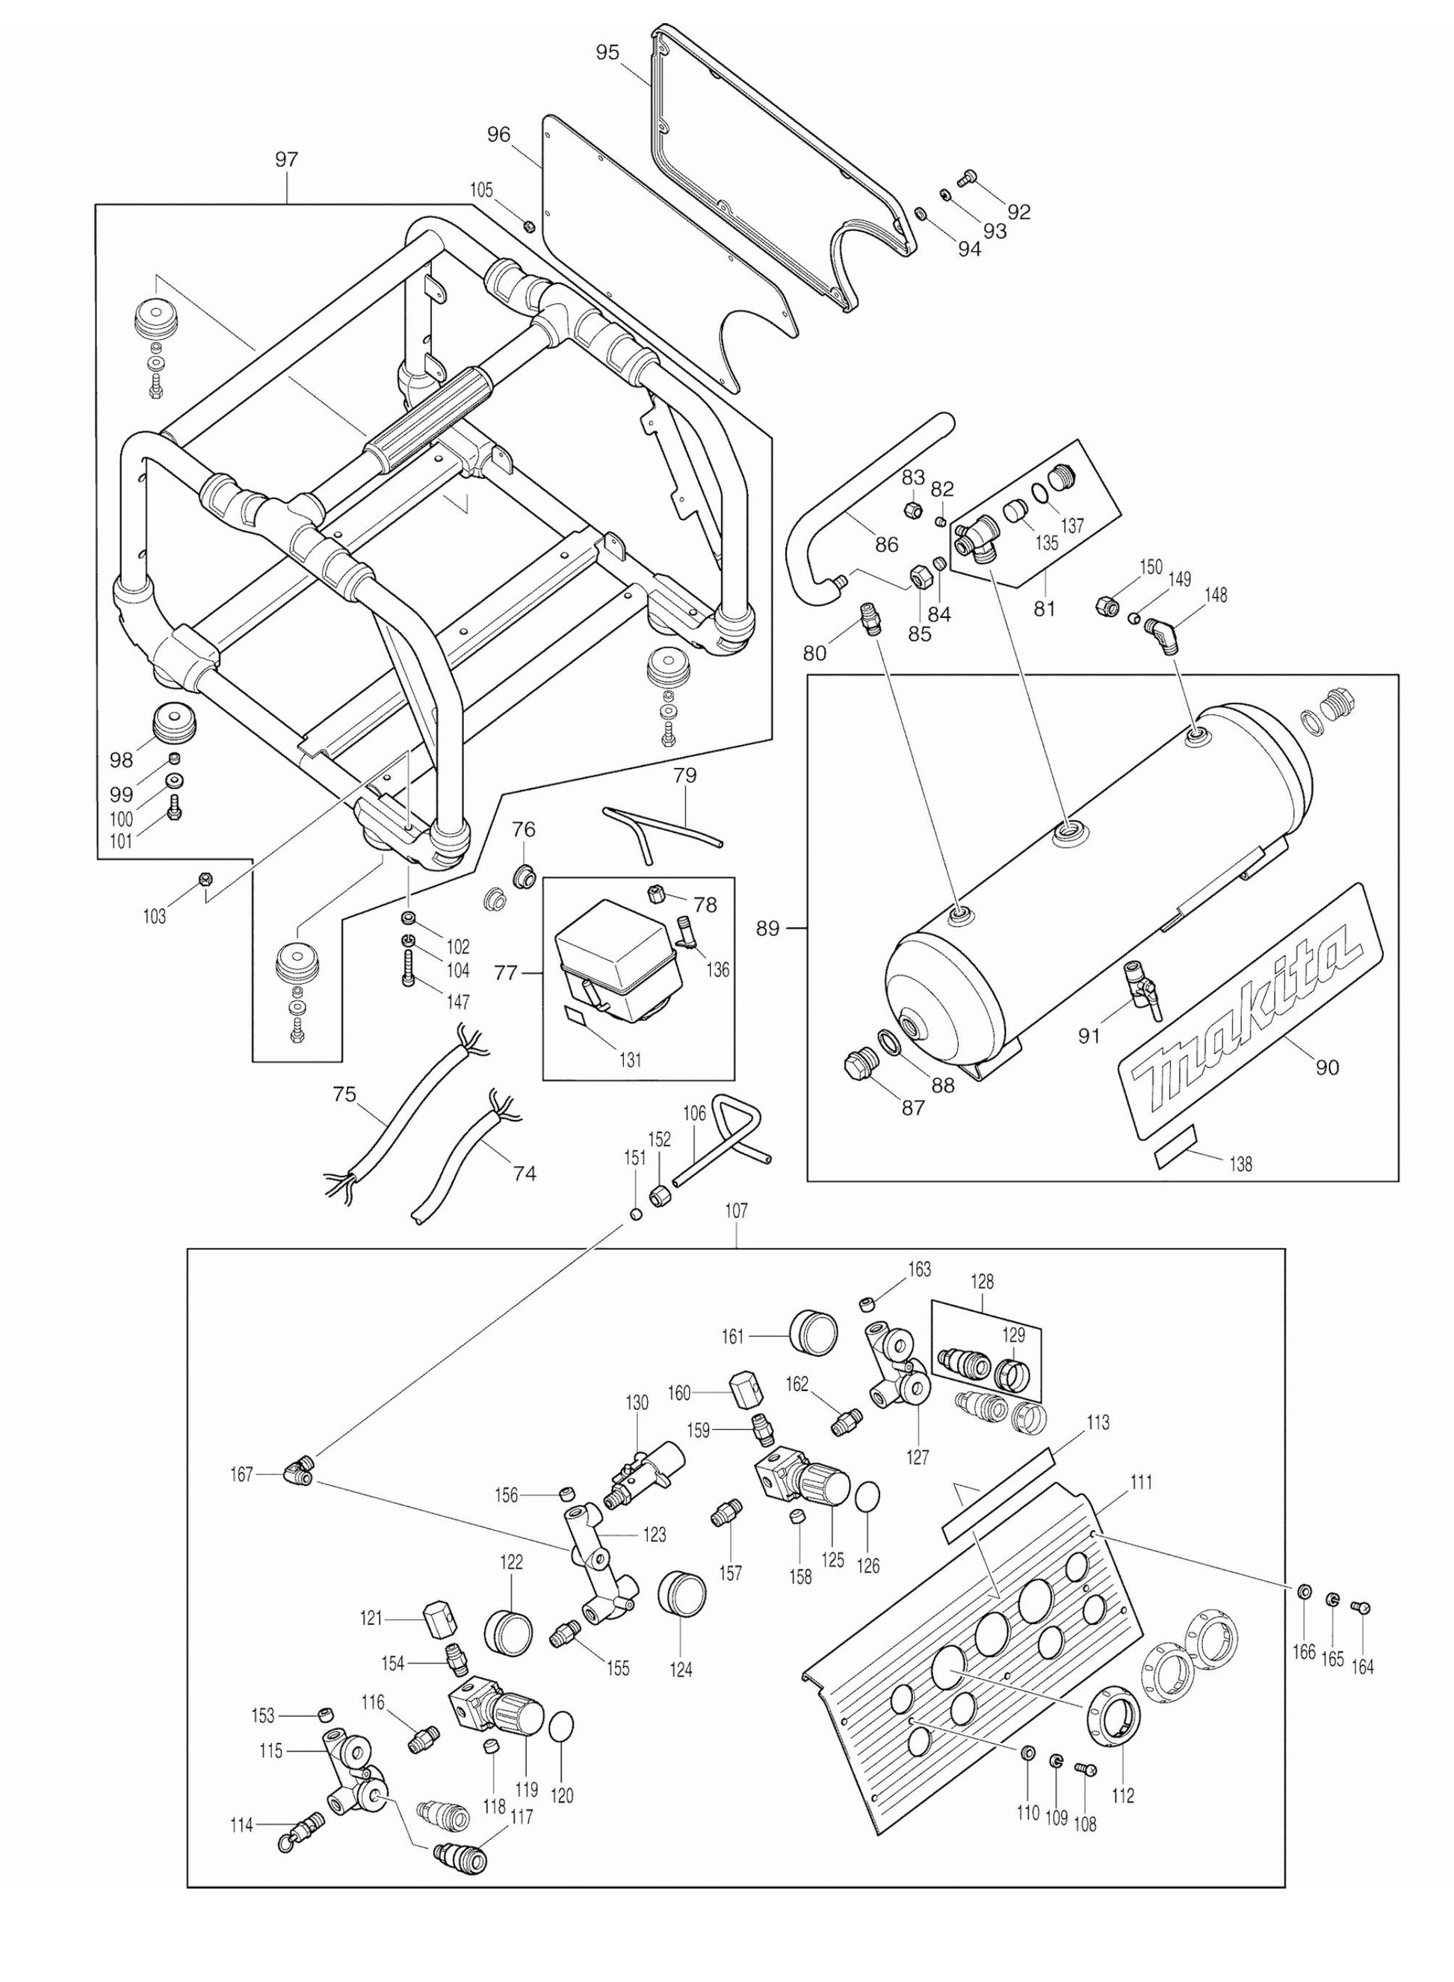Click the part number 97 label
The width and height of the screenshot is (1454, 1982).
[287, 159]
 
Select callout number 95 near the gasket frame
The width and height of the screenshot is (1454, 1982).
[607, 53]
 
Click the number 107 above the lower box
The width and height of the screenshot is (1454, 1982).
[736, 1211]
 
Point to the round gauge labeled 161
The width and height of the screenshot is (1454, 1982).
[815, 1338]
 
